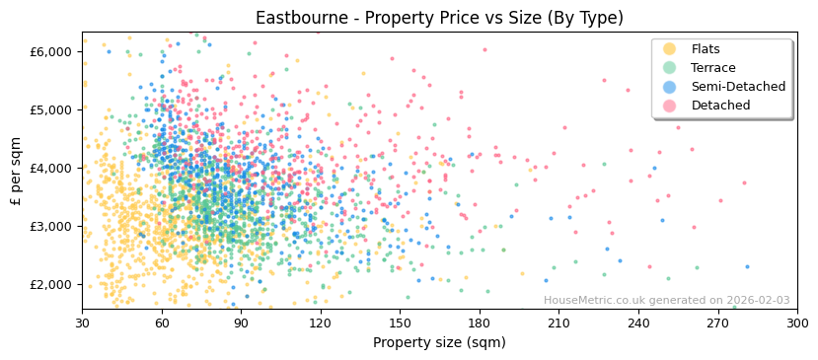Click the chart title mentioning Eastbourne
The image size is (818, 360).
tap(439, 18)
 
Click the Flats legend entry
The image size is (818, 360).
tap(706, 49)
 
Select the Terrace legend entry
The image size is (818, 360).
tap(713, 68)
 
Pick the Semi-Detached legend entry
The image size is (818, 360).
tap(738, 87)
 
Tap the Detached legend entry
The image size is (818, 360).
tap(720, 106)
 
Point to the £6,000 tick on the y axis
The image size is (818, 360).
tap(52, 51)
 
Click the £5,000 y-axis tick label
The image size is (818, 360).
tap(52, 109)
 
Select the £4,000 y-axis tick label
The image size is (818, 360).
tap(52, 168)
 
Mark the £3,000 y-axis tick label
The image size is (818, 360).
tap(52, 226)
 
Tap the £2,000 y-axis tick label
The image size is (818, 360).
tap(52, 284)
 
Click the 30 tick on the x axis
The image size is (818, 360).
tap(82, 323)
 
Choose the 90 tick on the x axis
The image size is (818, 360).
tap(241, 323)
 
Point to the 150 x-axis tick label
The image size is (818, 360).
tap(400, 323)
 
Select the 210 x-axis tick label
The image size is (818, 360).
tap(558, 323)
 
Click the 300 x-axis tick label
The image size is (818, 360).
tap(797, 323)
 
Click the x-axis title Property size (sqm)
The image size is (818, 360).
tap(439, 342)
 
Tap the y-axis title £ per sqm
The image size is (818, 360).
tap(17, 171)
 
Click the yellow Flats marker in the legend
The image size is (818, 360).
tap(670, 49)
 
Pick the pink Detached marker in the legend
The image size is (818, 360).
tap(670, 106)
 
